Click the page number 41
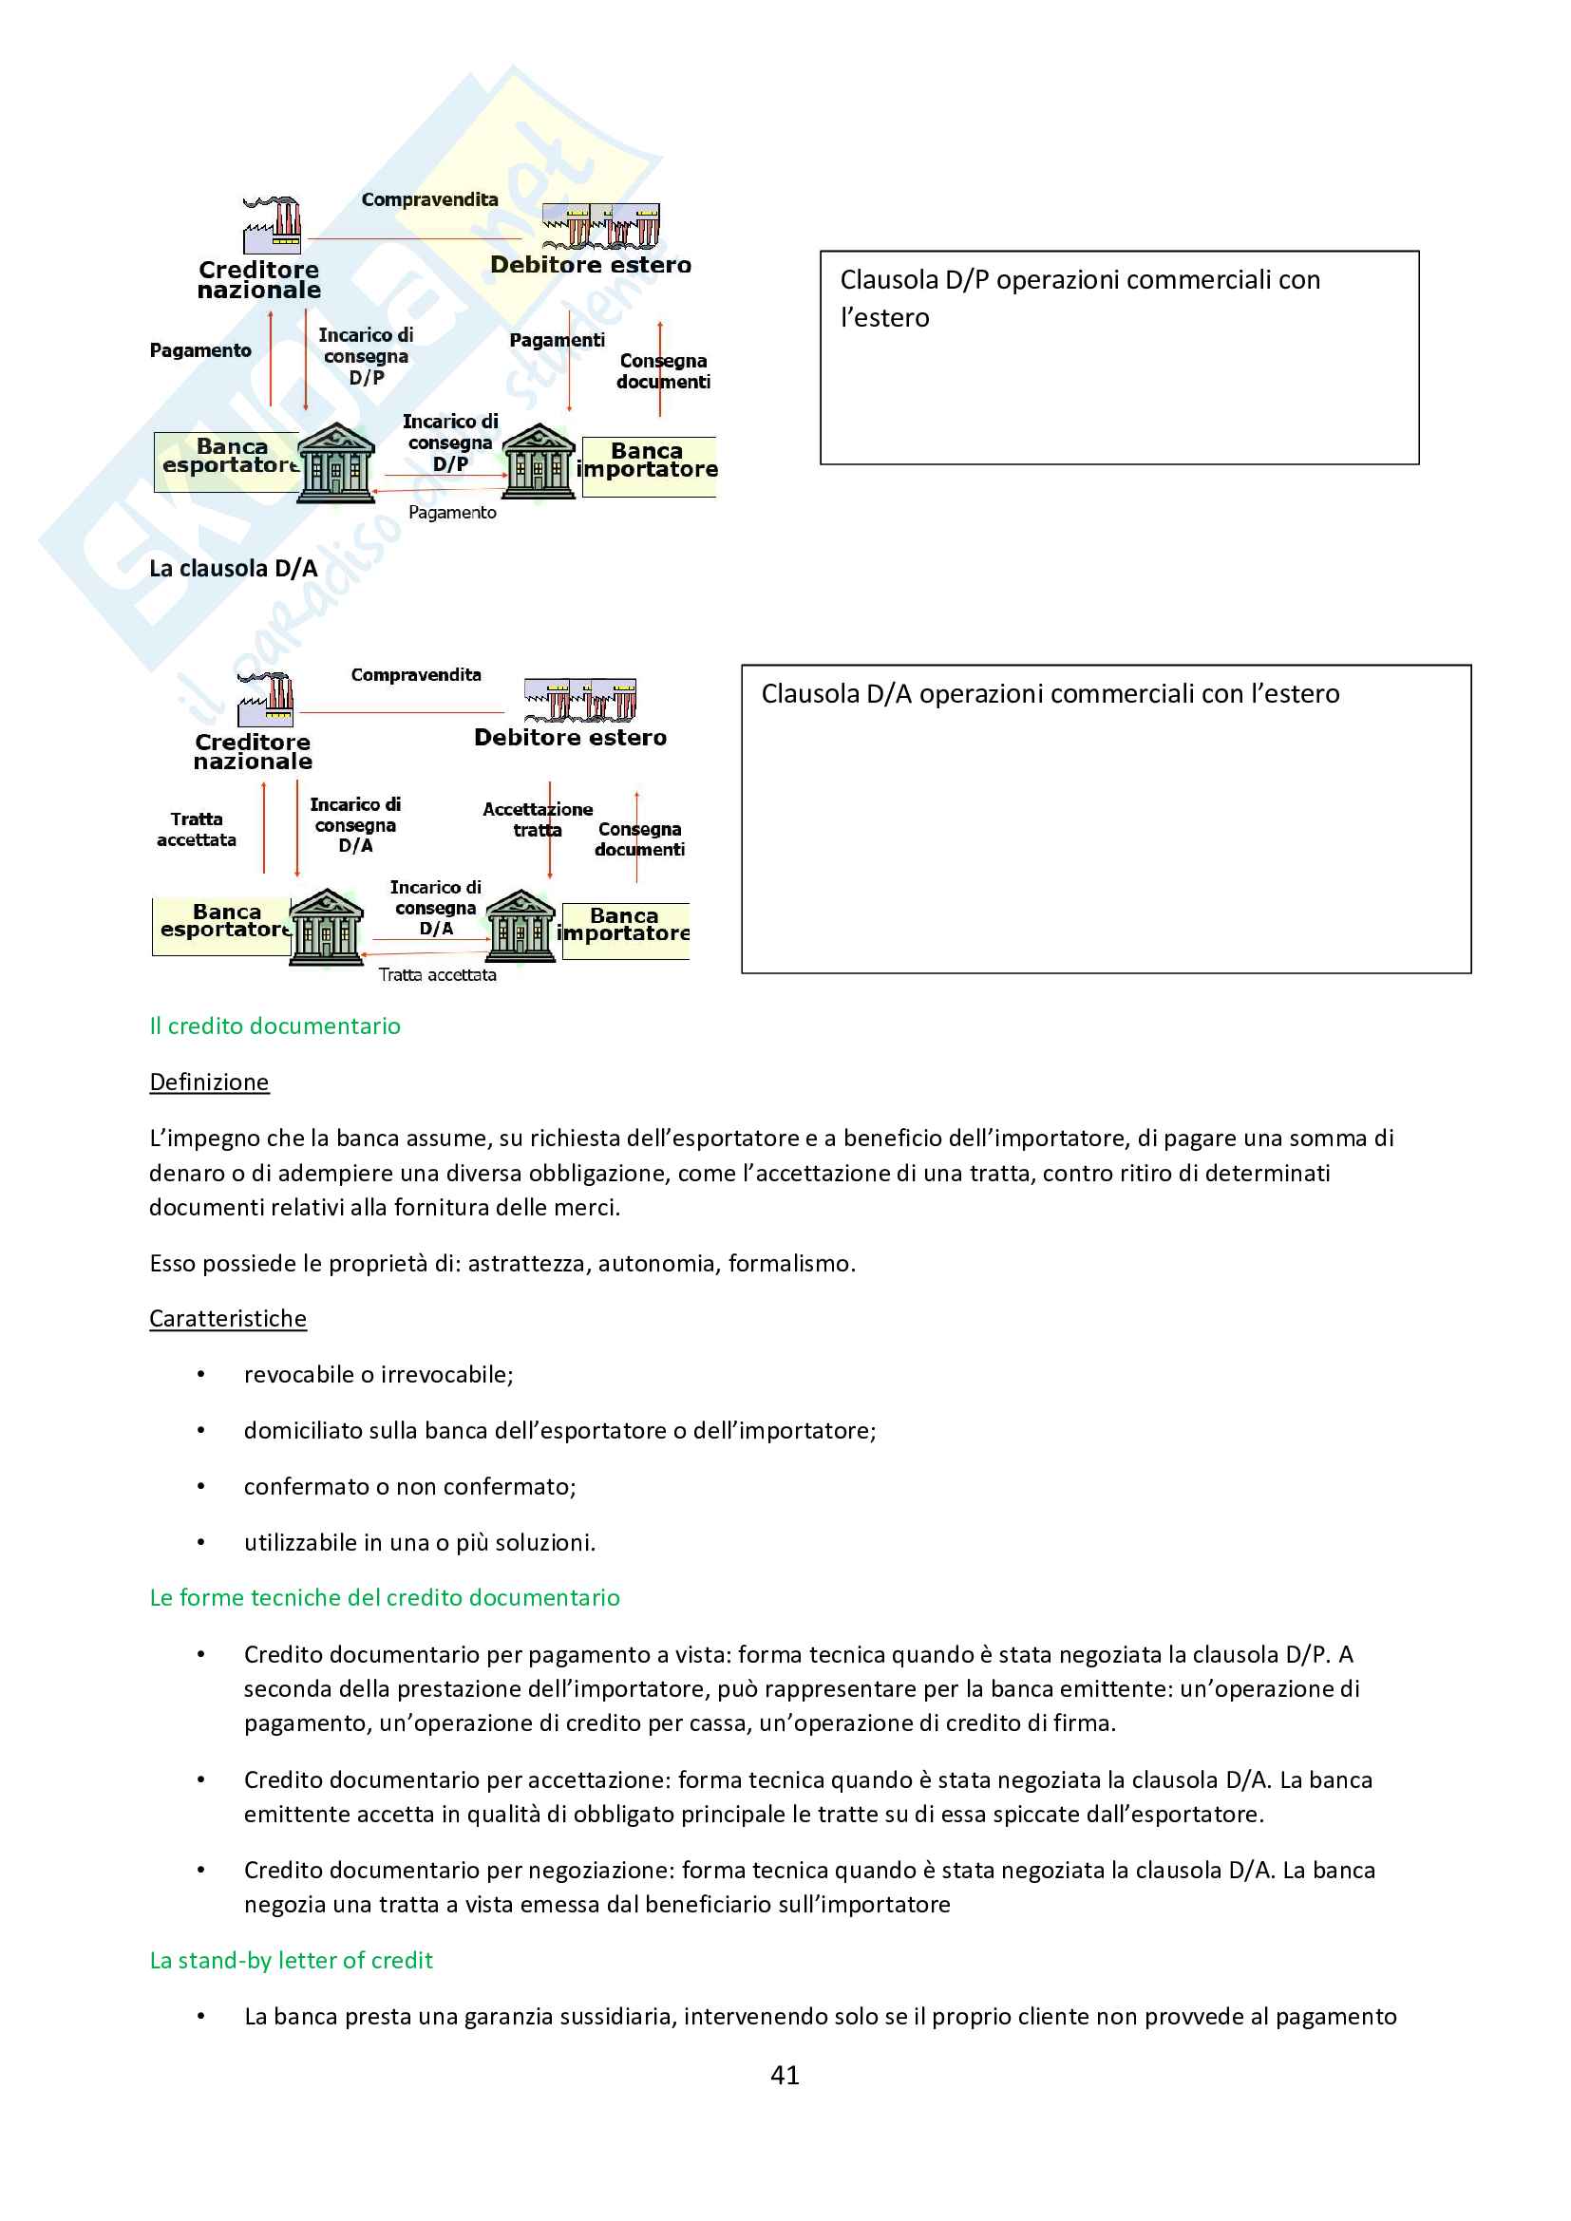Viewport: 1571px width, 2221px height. click(785, 2075)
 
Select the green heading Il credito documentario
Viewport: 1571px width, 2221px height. click(274, 1026)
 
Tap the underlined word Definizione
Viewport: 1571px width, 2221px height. click(209, 1082)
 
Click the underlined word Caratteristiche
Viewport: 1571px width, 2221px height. click(227, 1319)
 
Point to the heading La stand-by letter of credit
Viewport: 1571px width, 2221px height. click(292, 1961)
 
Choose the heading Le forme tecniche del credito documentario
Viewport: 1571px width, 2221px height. click(384, 1598)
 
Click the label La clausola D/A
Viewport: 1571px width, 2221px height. click(233, 569)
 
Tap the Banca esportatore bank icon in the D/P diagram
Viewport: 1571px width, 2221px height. click(334, 463)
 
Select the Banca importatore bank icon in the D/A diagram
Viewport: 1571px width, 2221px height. click(521, 926)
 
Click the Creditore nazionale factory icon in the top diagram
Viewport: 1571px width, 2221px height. click(272, 224)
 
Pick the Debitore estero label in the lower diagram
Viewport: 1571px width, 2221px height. click(570, 738)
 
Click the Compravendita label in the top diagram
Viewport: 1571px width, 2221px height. click(429, 200)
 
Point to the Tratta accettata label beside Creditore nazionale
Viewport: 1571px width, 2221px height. click(197, 830)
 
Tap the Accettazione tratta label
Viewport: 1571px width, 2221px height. click(537, 819)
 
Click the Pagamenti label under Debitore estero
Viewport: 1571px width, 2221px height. click(557, 341)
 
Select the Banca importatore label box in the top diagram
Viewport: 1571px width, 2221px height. click(648, 461)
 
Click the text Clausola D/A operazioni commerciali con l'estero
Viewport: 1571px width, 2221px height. click(1050, 694)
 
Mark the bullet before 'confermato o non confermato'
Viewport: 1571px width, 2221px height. click(201, 1487)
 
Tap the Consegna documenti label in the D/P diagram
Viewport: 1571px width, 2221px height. click(664, 371)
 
